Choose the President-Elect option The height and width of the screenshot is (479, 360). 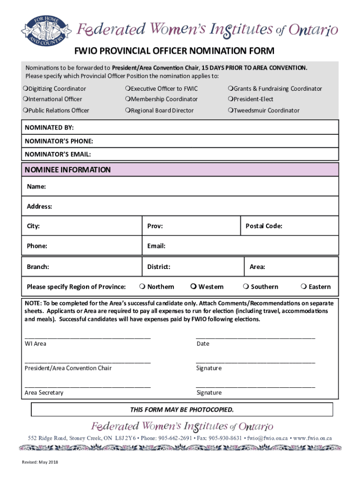[230, 99]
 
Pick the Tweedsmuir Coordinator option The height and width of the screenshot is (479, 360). [230, 111]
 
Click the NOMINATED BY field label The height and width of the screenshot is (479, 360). [49, 128]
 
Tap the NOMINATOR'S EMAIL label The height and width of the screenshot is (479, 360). [58, 154]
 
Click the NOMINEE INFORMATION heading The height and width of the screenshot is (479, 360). [69, 170]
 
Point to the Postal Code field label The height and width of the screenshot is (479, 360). [264, 226]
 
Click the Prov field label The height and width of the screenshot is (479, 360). [155, 226]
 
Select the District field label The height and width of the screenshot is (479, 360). [158, 267]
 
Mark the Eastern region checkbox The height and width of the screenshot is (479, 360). [304, 287]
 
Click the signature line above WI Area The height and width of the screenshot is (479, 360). [87, 337]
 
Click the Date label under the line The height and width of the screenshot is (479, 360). [203, 344]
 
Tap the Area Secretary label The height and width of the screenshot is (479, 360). [44, 393]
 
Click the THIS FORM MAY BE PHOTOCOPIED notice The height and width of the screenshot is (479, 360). [181, 410]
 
